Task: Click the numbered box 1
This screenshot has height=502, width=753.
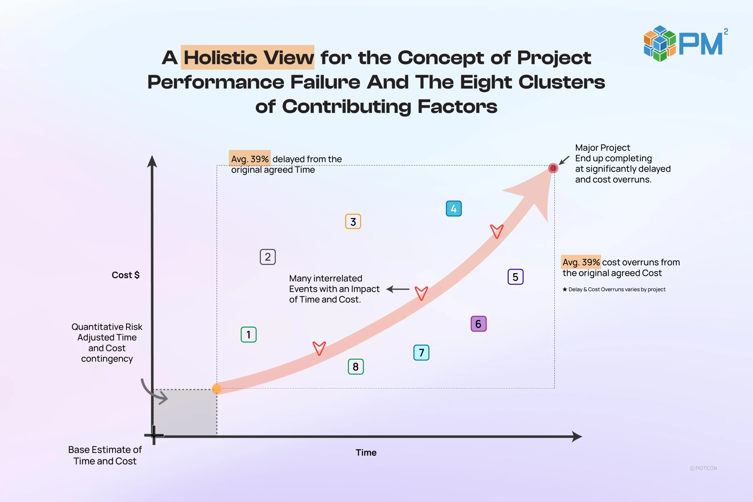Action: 249,335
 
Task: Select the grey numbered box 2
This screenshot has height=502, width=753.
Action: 268,257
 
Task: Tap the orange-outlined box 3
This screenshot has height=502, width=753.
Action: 353,221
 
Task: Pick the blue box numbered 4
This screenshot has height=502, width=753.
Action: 454,209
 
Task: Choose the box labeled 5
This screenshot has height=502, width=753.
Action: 515,277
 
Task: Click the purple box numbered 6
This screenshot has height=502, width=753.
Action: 478,324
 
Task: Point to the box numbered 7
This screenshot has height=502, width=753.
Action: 421,353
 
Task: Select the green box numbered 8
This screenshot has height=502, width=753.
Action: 356,367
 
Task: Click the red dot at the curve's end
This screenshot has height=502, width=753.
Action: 553,168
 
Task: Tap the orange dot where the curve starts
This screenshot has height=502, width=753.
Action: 217,389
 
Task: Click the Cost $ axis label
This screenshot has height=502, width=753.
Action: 126,275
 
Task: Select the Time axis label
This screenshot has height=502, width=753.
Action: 366,452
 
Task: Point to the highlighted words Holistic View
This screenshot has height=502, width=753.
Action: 247,57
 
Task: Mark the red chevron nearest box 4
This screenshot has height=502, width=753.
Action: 497,231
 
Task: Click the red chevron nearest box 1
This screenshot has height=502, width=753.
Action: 319,348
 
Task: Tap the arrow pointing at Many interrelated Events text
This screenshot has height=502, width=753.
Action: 398,289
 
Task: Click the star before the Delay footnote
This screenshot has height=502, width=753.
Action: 565,289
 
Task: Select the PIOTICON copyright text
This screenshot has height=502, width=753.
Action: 703,468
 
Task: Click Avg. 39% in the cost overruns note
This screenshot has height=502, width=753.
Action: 581,262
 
